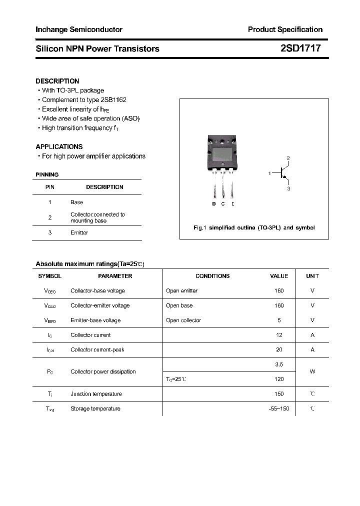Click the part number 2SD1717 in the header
pyautogui.click(x=300, y=48)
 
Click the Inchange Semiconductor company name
pyautogui.click(x=79, y=29)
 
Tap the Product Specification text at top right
pyautogui.click(x=285, y=29)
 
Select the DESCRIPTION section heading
pyautogui.click(x=57, y=81)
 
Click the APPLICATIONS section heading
pyautogui.click(x=59, y=146)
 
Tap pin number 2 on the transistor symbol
pyautogui.click(x=288, y=158)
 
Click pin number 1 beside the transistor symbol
pyautogui.click(x=269, y=173)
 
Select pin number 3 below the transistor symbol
pyautogui.click(x=288, y=189)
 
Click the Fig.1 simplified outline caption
pyautogui.click(x=254, y=227)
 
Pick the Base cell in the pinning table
pyautogui.click(x=77, y=202)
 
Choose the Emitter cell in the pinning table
pyautogui.click(x=79, y=232)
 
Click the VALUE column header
pyautogui.click(x=279, y=276)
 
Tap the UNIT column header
pyautogui.click(x=312, y=276)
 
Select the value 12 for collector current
pyautogui.click(x=279, y=335)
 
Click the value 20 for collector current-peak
pyautogui.click(x=279, y=349)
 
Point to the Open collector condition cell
pyautogui.click(x=183, y=320)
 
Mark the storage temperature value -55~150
pyautogui.click(x=279, y=408)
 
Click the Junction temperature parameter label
pyautogui.click(x=96, y=394)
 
